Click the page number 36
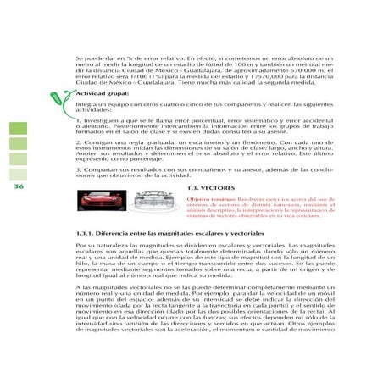[19, 187]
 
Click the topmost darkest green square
[19, 129]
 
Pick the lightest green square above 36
[19, 174]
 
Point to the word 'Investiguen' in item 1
[101, 121]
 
